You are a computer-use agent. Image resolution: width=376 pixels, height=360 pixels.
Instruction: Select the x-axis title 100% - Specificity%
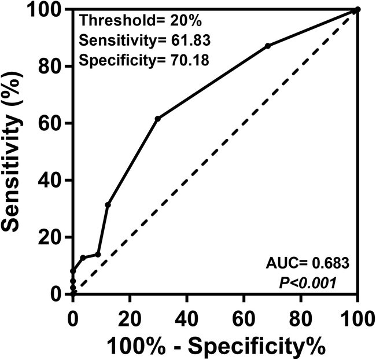(x=215, y=347)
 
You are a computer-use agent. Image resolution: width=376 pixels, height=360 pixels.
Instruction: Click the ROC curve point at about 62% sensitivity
(x=157, y=119)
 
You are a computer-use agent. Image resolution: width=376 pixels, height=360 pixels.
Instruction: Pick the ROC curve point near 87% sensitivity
(x=268, y=46)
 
